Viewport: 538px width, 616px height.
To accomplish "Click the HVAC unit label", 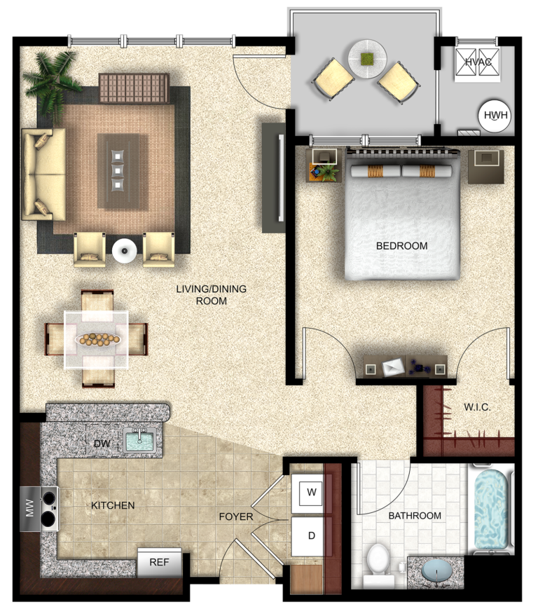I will [x=478, y=62].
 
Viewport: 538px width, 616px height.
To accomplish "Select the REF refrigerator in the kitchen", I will [x=159, y=562].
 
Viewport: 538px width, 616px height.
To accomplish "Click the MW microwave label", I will [x=29, y=509].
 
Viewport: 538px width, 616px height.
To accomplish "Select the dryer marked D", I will [x=312, y=536].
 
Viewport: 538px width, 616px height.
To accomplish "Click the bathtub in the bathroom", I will [x=493, y=509].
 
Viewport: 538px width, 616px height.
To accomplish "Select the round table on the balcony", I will [x=367, y=57].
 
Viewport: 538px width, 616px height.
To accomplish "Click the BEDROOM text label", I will [x=401, y=246].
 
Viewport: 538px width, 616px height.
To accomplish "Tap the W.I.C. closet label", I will [x=477, y=407].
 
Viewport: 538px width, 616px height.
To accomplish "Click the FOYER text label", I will [x=235, y=518].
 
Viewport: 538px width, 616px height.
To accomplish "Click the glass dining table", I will [x=96, y=339].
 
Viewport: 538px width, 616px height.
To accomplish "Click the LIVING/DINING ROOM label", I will [x=211, y=294].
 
